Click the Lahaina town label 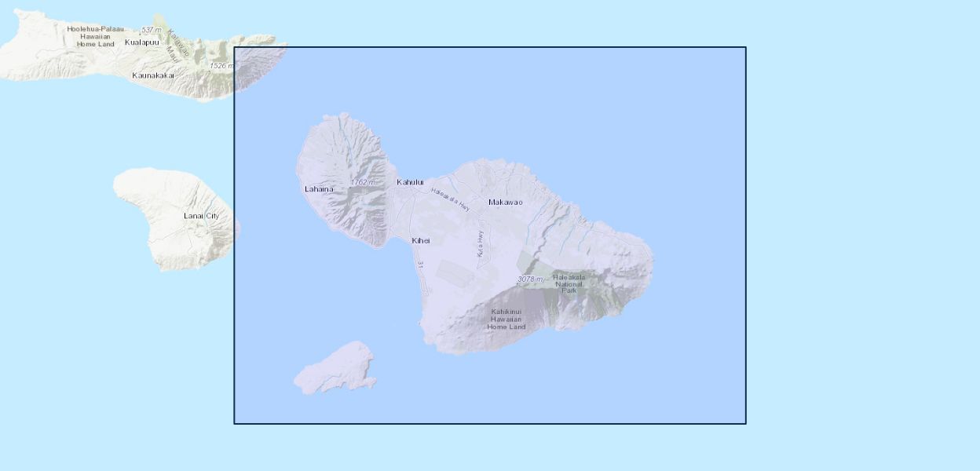319,189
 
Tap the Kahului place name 410,182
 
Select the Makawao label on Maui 505,203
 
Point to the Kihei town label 421,240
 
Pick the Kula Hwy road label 479,243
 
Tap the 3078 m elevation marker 530,279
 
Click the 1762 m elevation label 363,182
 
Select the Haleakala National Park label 569,283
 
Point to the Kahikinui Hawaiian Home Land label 506,319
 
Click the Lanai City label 201,216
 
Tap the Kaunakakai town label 153,75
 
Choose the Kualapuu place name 141,42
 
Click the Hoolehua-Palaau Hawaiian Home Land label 95,36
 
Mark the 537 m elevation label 151,30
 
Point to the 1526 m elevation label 221,66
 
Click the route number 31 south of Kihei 421,265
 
